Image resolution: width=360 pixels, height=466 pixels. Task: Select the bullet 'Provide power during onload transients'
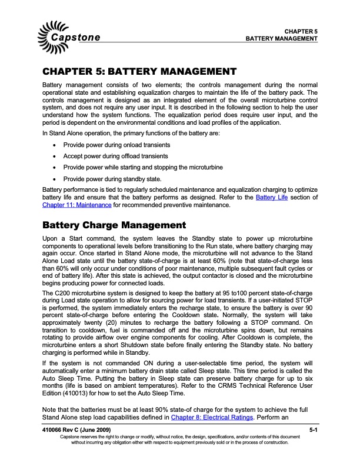coord(122,145)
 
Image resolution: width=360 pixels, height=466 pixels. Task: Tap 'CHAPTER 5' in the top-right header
coord(301,31)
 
